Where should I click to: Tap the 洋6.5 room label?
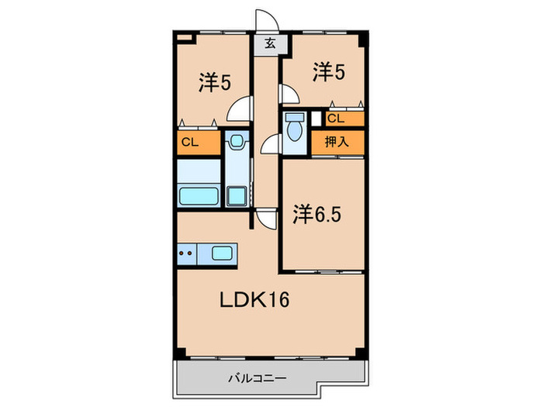click(316, 214)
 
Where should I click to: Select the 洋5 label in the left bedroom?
click(214, 83)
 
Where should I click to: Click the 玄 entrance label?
click(269, 43)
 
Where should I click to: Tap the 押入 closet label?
click(337, 141)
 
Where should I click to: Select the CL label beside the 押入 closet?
click(336, 119)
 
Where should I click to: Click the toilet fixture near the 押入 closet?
click(295, 128)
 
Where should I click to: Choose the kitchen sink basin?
click(222, 253)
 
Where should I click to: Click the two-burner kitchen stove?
click(186, 253)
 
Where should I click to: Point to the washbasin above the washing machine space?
click(237, 142)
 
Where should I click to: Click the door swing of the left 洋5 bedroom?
click(240, 109)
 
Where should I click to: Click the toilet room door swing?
click(272, 143)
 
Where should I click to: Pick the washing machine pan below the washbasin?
click(236, 195)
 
